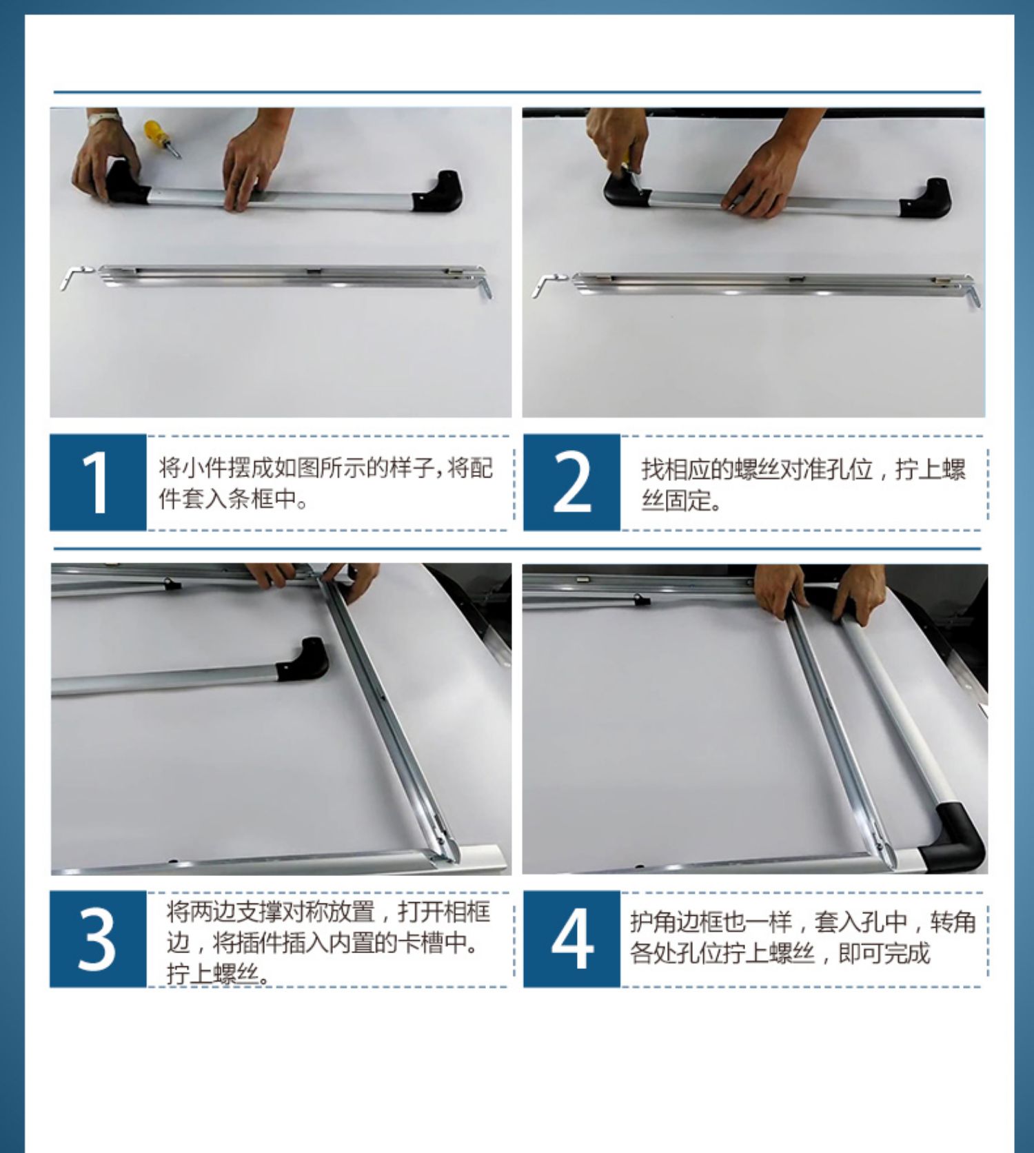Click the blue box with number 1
pyautogui.click(x=98, y=482)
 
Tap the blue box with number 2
pyautogui.click(x=571, y=482)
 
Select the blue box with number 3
pyautogui.click(x=98, y=939)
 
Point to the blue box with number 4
pyautogui.click(x=571, y=939)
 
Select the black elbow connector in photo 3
pyautogui.click(x=303, y=660)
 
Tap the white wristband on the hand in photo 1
pyautogui.click(x=104, y=118)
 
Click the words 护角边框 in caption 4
pyautogui.click(x=676, y=922)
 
